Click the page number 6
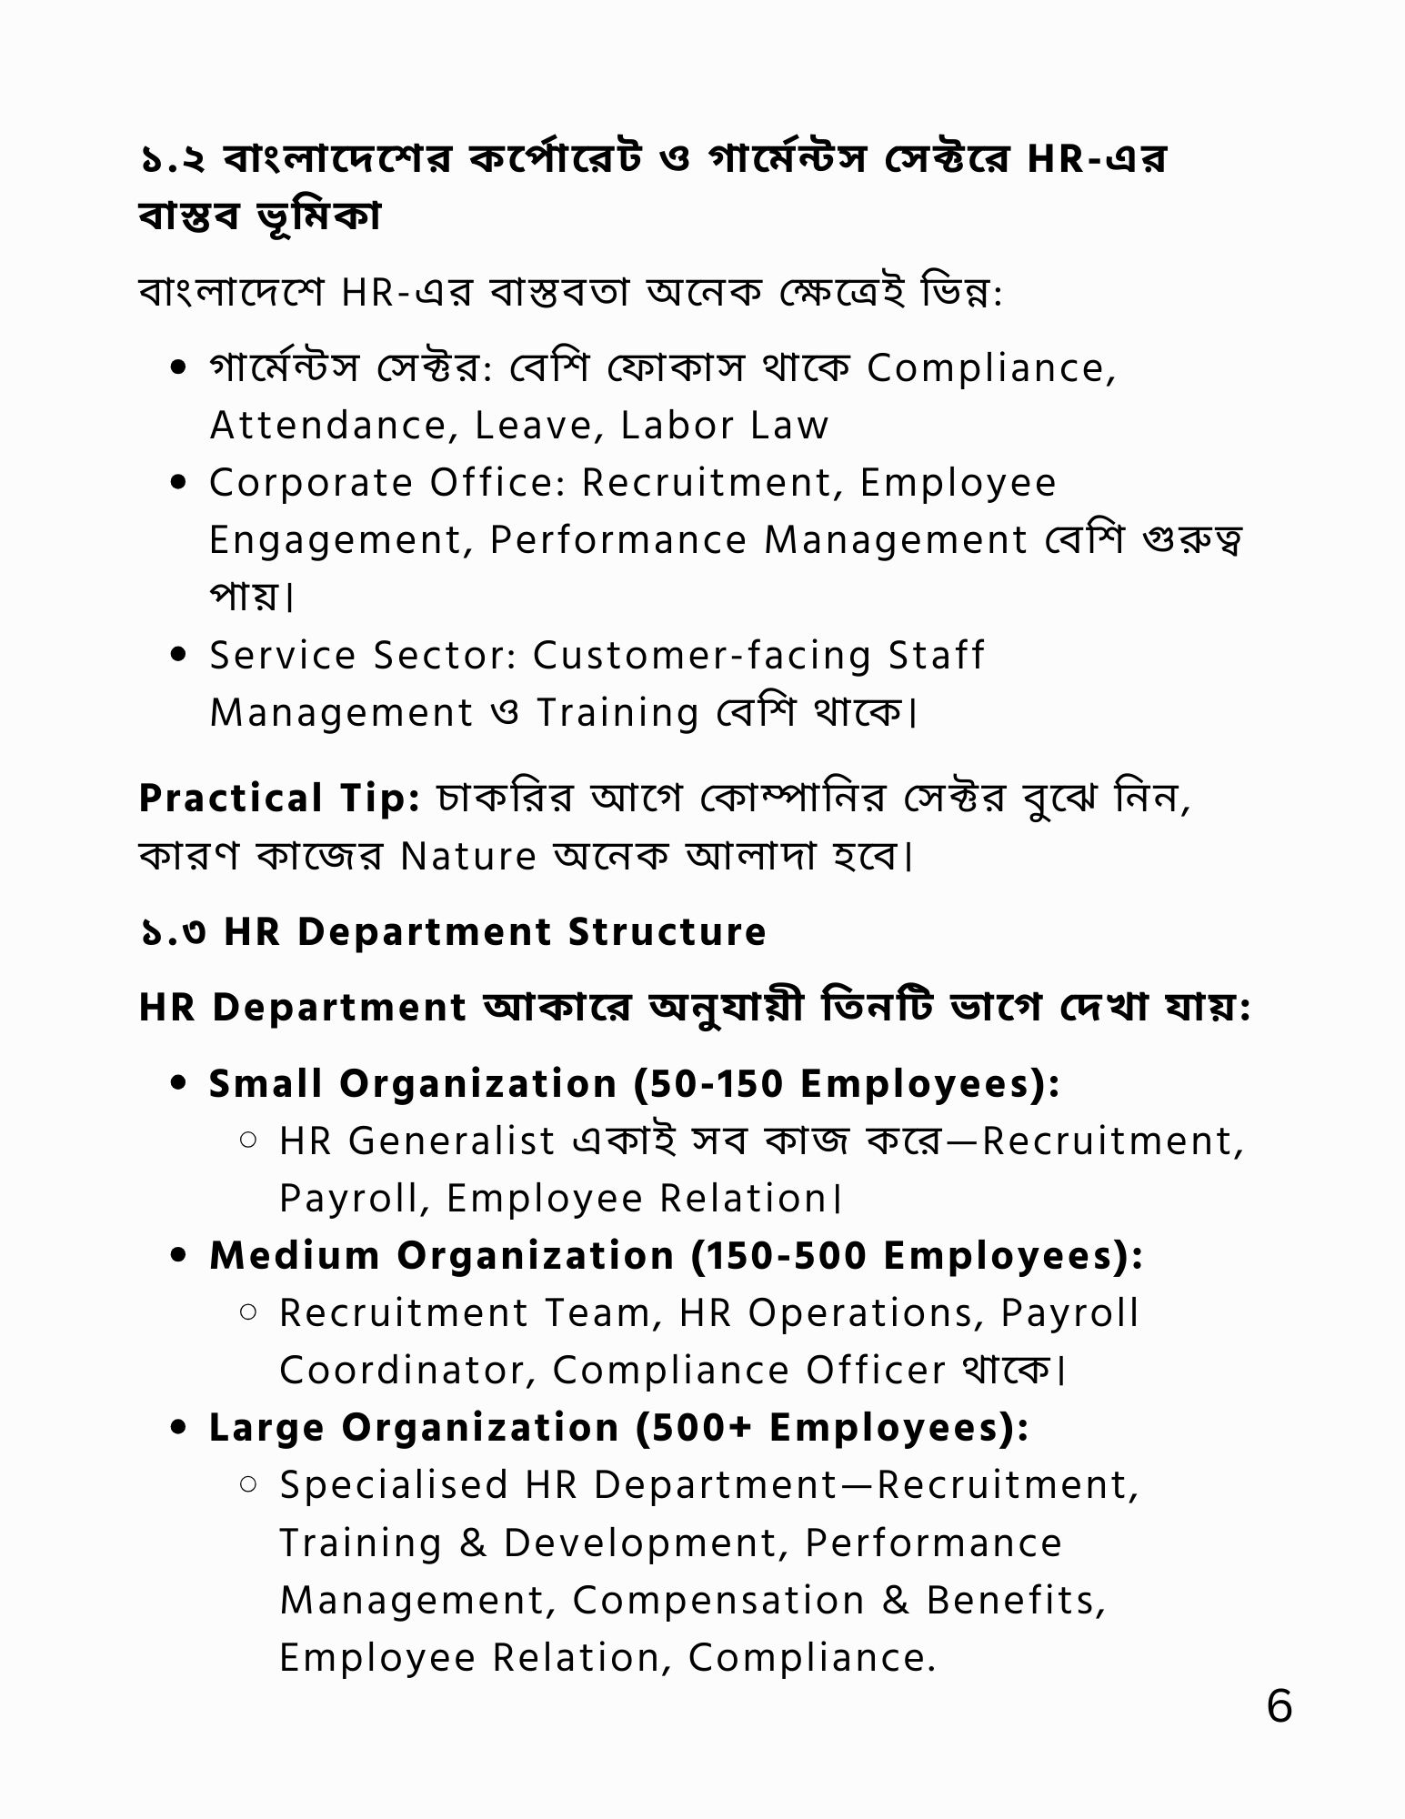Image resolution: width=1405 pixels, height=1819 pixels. [x=1279, y=1706]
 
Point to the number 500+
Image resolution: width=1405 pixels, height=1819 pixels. [x=704, y=1427]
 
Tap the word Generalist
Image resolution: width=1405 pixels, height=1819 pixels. [x=451, y=1141]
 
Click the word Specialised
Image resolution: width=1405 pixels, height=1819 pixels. [x=393, y=1484]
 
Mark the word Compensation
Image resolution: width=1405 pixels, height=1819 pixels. [x=718, y=1600]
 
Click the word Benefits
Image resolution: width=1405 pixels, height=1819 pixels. [x=1016, y=1600]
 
